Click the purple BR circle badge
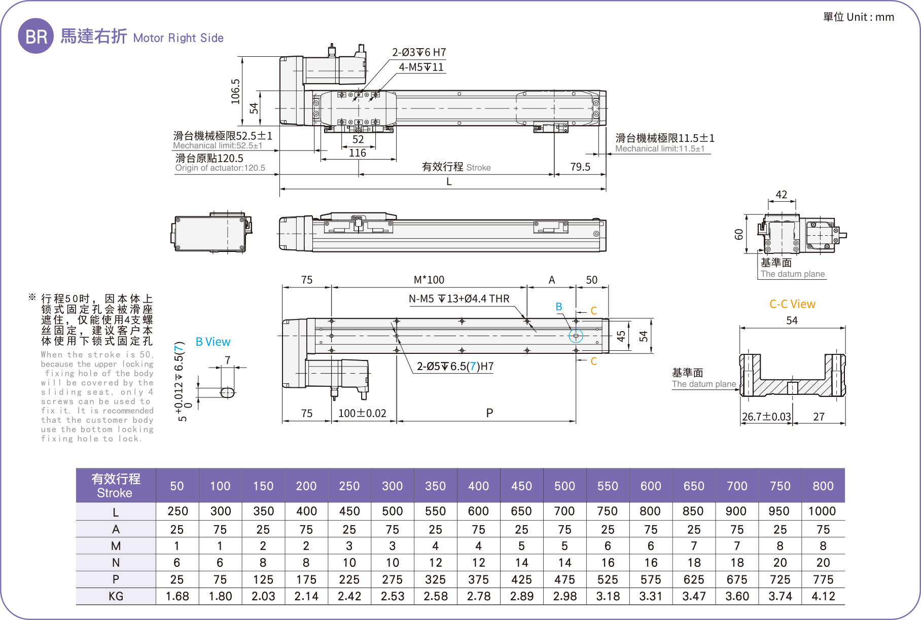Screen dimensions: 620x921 36,36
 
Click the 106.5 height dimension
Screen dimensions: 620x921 235,91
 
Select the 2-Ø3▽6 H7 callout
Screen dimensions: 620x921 418,52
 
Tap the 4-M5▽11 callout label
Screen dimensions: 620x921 421,67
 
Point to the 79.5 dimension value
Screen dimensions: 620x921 580,167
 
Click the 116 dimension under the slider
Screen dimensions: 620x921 358,153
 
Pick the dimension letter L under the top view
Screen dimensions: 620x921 449,182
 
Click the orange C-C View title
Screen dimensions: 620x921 792,304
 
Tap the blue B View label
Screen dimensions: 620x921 213,342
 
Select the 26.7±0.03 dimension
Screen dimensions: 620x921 766,417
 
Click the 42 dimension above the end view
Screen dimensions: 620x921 781,195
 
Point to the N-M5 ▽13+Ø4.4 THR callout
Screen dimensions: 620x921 459,299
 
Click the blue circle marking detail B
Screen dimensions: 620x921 576,336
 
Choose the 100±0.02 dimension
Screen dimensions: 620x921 362,413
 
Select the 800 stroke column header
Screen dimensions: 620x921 823,486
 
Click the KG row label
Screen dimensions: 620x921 116,596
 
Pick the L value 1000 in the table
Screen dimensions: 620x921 822,511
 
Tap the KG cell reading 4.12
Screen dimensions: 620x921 823,596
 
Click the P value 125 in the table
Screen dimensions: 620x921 263,579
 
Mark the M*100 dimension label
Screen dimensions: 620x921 429,280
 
